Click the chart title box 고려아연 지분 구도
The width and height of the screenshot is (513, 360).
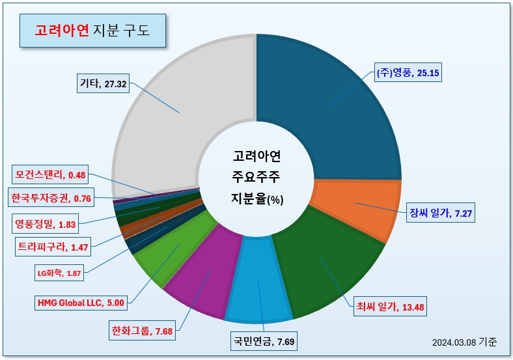[x=92, y=31]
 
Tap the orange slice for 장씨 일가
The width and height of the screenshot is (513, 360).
[x=360, y=206]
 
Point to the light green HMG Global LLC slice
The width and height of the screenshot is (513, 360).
[x=173, y=249]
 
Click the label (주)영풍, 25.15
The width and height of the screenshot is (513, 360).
[x=408, y=72]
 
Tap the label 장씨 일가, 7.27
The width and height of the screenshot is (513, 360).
[x=441, y=213]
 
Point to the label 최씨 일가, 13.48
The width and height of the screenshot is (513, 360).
[x=391, y=307]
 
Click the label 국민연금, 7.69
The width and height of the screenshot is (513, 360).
[x=264, y=341]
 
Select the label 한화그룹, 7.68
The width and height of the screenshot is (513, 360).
[x=142, y=331]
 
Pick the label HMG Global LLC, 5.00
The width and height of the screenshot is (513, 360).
[x=81, y=303]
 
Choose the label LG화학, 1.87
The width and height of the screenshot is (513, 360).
[x=59, y=273]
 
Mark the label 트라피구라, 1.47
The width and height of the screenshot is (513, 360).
[x=53, y=247]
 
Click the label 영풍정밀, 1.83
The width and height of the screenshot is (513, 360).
[x=45, y=224]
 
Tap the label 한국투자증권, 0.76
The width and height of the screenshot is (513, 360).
[x=51, y=198]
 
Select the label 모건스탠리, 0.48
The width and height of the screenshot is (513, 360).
[x=50, y=174]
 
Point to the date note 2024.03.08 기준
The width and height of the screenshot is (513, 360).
[x=464, y=342]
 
